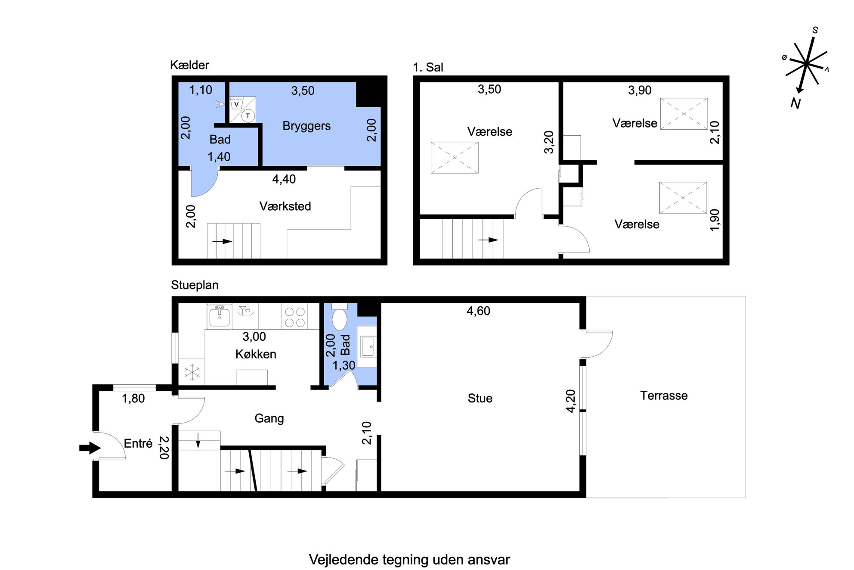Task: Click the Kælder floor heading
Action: pyautogui.click(x=189, y=65)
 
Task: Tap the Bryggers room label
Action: pyautogui.click(x=306, y=126)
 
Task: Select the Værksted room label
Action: pyautogui.click(x=285, y=206)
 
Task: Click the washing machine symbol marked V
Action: pyautogui.click(x=236, y=104)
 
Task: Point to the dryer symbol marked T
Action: pyautogui.click(x=248, y=115)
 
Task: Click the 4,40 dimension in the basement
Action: pyautogui.click(x=284, y=179)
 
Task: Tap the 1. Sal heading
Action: pyautogui.click(x=428, y=67)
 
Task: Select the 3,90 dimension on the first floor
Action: pyautogui.click(x=640, y=90)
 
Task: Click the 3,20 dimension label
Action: pyautogui.click(x=549, y=142)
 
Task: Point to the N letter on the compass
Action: pyautogui.click(x=795, y=103)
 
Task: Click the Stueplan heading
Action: pyautogui.click(x=195, y=285)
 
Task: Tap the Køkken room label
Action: pyautogui.click(x=256, y=354)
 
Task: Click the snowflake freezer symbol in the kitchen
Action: pyautogui.click(x=192, y=372)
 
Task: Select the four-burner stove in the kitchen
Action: pyautogui.click(x=295, y=317)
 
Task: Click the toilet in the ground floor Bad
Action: pyautogui.click(x=340, y=317)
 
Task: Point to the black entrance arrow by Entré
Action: pyautogui.click(x=90, y=448)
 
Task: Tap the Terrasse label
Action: pyautogui.click(x=664, y=396)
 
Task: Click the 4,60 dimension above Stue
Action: pyautogui.click(x=478, y=311)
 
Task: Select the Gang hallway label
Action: pyautogui.click(x=269, y=418)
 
